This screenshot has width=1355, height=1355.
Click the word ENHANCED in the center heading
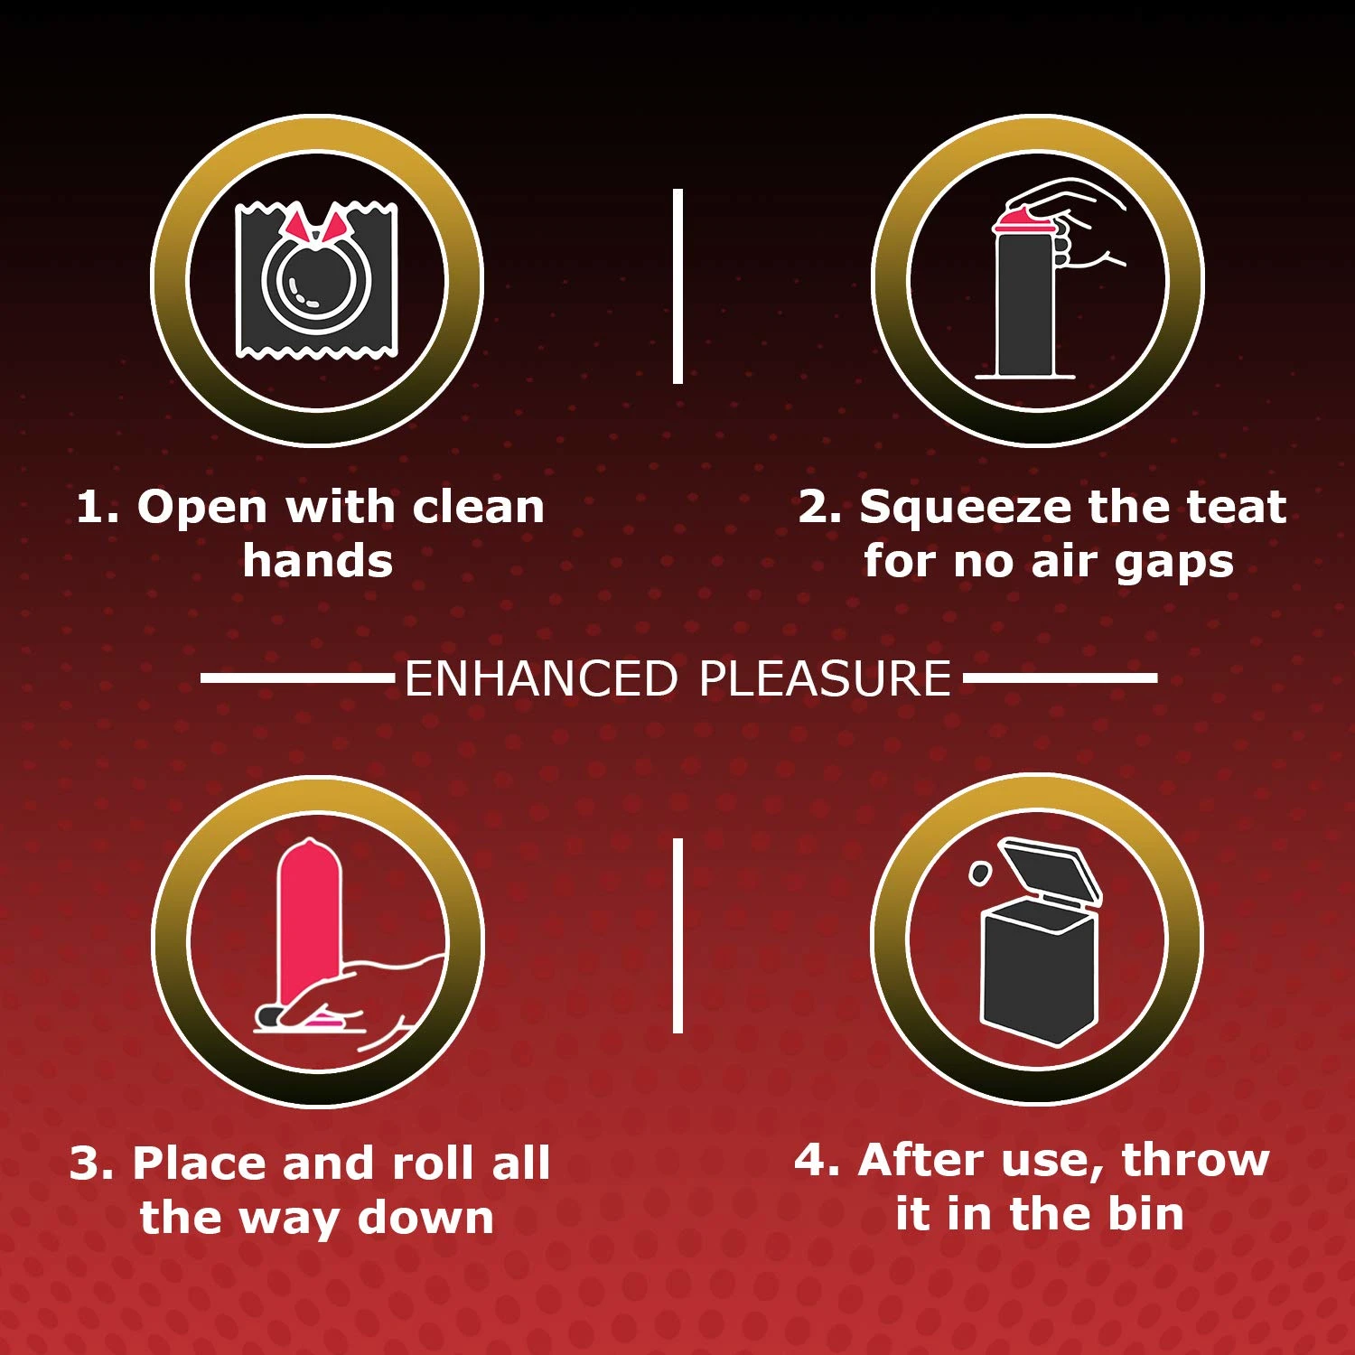coord(541,678)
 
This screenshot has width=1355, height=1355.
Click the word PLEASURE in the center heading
coord(826,678)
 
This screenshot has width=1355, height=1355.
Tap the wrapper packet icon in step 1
coord(317,280)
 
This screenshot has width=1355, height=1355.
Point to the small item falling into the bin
coord(979,873)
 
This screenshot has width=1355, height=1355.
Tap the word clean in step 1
coord(478,507)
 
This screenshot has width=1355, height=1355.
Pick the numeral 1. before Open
coord(98,508)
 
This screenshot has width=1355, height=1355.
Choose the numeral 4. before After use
coord(818,1161)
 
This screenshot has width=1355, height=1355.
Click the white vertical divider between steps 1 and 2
coord(677,286)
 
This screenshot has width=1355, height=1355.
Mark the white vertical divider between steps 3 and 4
coord(677,936)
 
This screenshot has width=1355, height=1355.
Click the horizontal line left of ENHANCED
coord(298,677)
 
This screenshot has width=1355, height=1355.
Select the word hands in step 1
coord(318,561)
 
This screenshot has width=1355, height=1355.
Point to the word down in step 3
coord(425,1218)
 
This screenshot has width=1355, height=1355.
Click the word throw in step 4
coord(1195,1161)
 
